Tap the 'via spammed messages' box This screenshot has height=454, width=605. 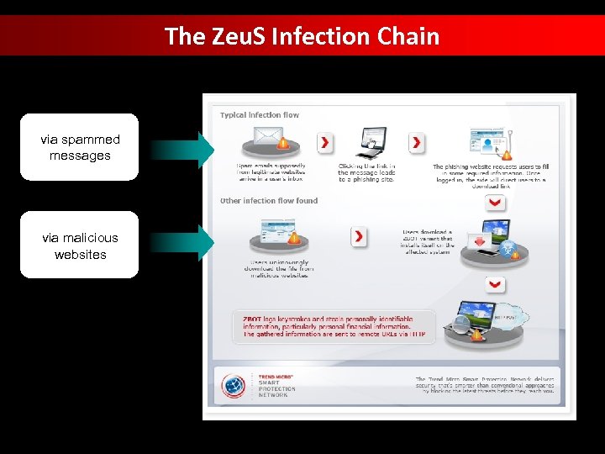click(80, 147)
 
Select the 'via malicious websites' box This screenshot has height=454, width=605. click(80, 245)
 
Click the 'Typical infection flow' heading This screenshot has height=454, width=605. click(260, 115)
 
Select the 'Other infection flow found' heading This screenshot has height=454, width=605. click(269, 201)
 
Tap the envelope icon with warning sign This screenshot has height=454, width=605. click(271, 139)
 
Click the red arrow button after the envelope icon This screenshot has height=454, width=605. click(324, 142)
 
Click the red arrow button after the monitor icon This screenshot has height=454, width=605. click(417, 143)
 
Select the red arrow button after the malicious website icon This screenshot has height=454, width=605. click(359, 237)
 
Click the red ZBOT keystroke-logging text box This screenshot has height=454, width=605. click(334, 327)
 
